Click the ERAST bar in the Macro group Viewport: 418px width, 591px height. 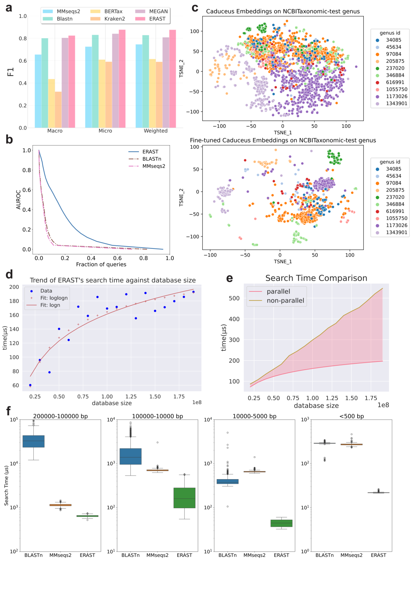pyautogui.click(x=72, y=82)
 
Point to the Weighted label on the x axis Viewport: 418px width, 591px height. pyautogui.click(x=156, y=131)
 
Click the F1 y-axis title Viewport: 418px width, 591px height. pyautogui.click(x=10, y=72)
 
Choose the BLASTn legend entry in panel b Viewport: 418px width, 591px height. pyautogui.click(x=152, y=159)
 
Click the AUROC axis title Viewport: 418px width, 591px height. pyautogui.click(x=18, y=200)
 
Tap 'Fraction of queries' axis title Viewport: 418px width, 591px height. pyautogui.click(x=101, y=264)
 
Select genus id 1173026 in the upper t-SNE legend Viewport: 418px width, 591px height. pyautogui.click(x=396, y=96)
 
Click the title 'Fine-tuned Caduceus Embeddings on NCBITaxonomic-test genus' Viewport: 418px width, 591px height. pyautogui.click(x=283, y=140)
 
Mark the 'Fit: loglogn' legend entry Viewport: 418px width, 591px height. pyautogui.click(x=54, y=298)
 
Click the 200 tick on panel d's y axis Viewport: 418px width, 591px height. pyautogui.click(x=14, y=287)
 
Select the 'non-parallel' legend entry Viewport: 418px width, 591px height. pyautogui.click(x=285, y=301)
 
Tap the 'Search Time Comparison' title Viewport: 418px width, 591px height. pyautogui.click(x=316, y=278)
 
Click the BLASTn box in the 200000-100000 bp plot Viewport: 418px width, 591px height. pyautogui.click(x=34, y=441)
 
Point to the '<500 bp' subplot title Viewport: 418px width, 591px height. pyautogui.click(x=351, y=416)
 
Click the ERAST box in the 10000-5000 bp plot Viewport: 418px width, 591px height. pyautogui.click(x=281, y=523)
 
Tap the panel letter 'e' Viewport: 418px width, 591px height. pyautogui.click(x=230, y=278)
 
